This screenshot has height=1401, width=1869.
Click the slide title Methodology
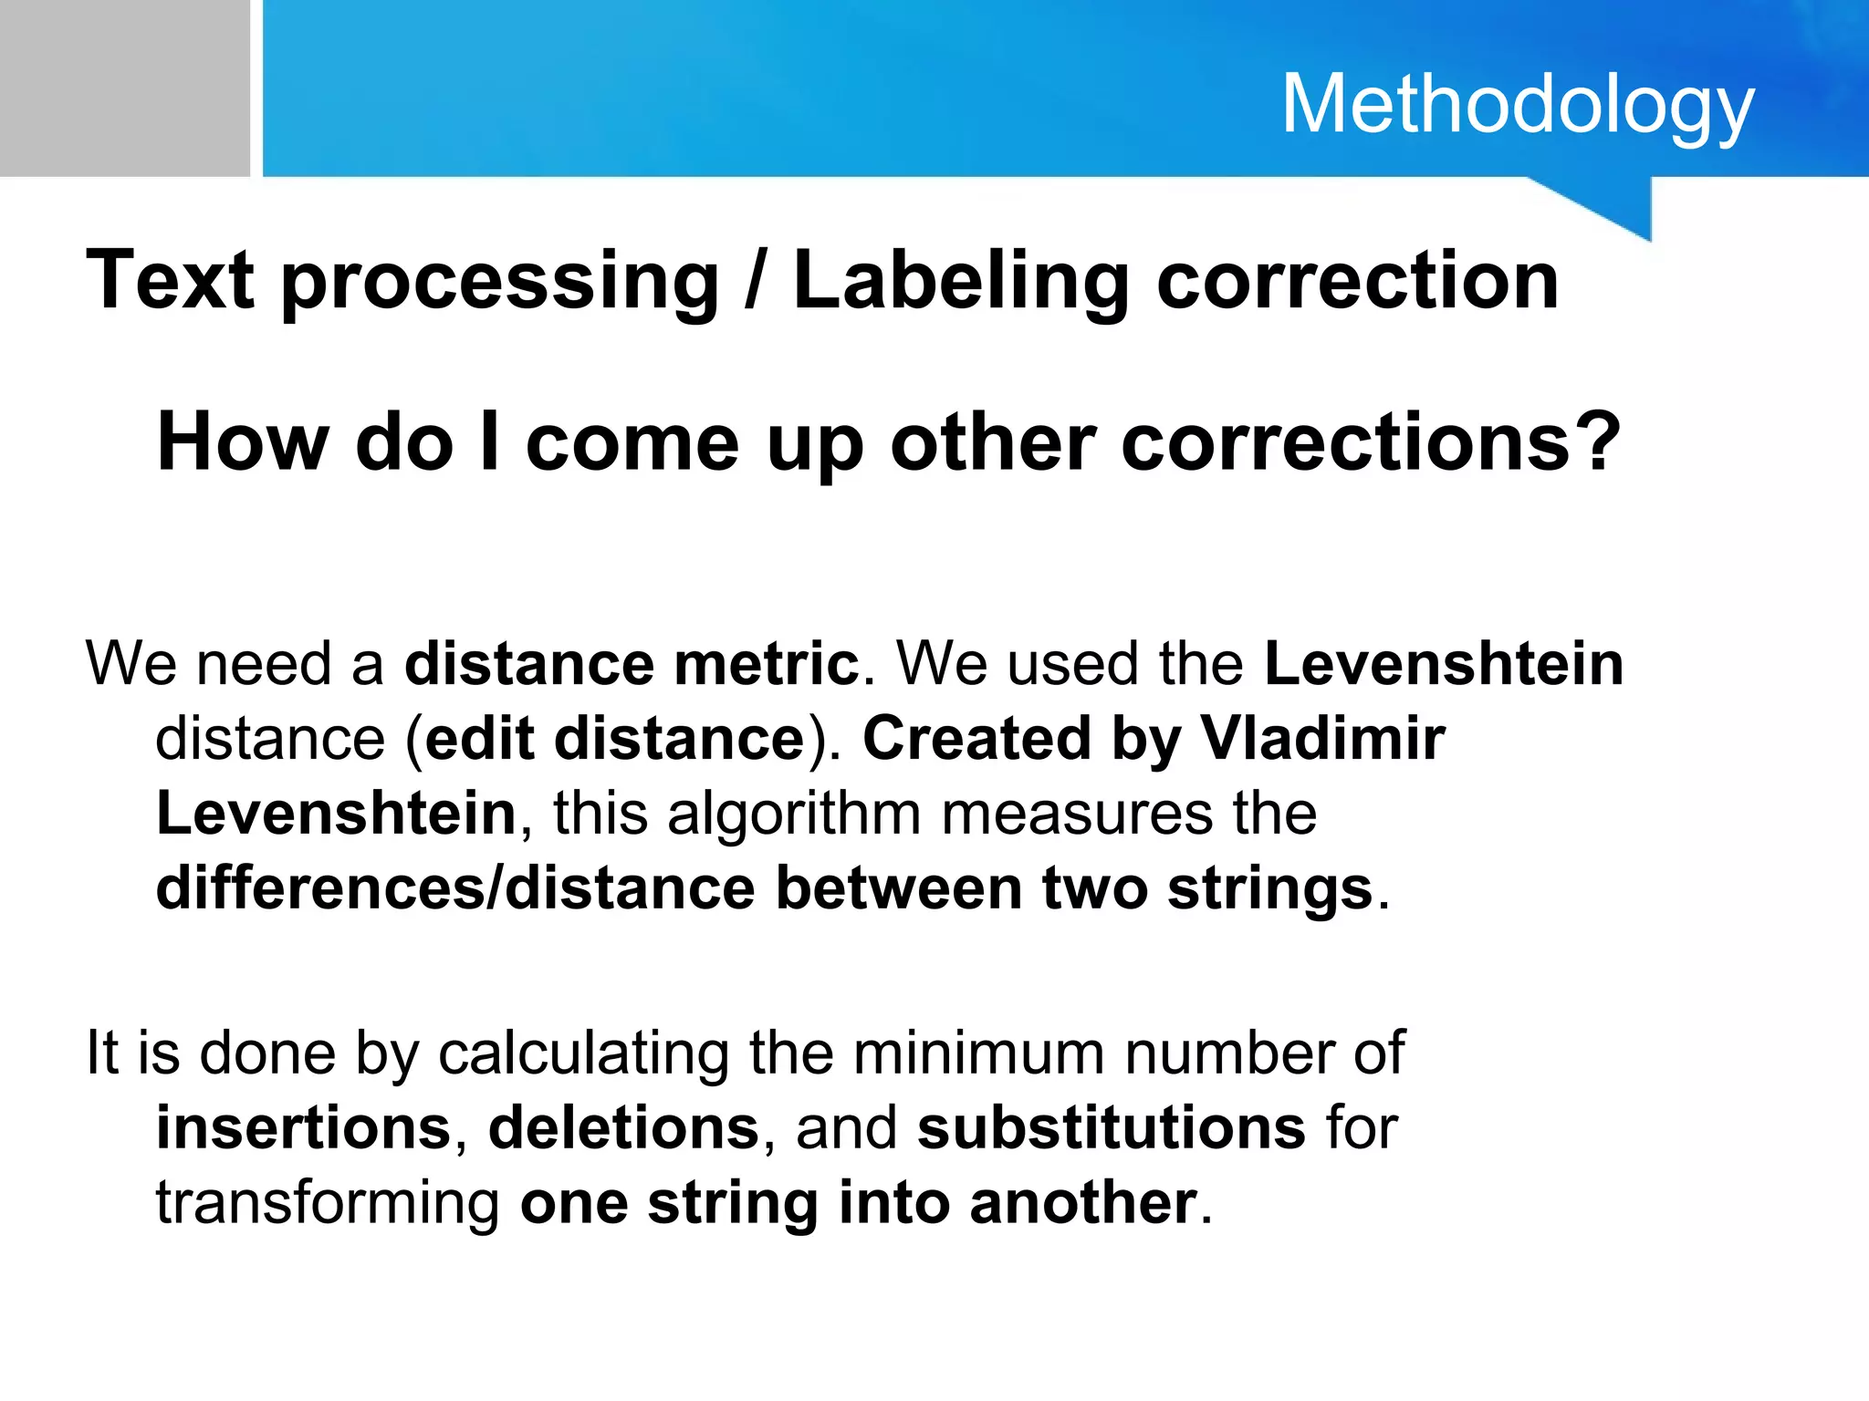1518,106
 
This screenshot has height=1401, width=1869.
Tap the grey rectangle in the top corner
124,88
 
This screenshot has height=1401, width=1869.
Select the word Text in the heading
170,280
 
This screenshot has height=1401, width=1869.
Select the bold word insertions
304,1128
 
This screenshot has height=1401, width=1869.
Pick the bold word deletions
623,1128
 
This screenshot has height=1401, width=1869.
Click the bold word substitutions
1111,1128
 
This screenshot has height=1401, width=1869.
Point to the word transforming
328,1204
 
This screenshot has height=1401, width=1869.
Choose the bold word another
1082,1203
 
